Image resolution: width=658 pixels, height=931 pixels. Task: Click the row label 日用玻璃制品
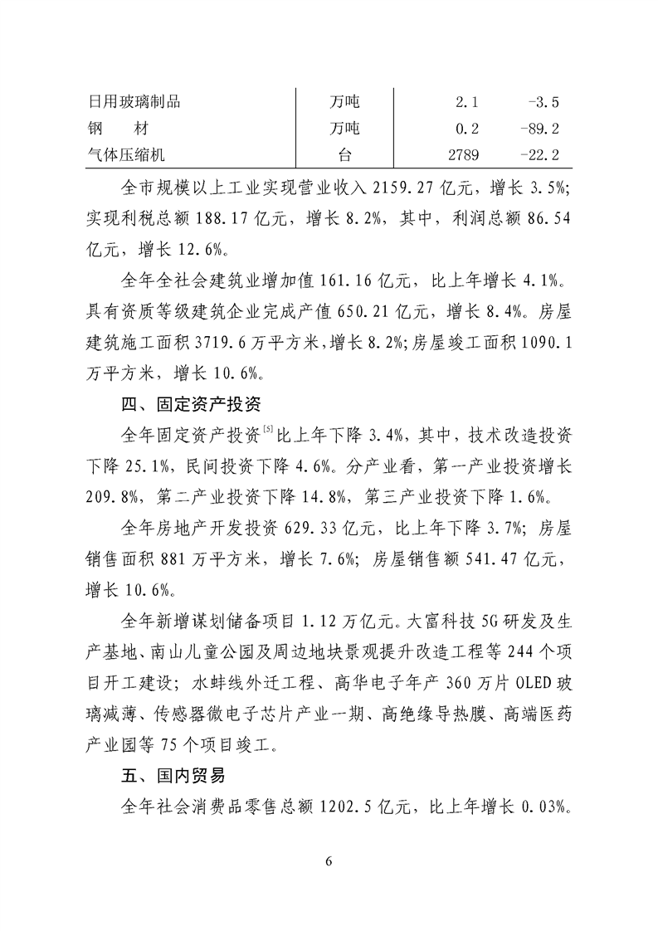coord(134,102)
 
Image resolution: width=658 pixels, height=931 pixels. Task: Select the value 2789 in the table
coord(463,154)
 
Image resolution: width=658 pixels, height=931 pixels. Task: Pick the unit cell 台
coord(344,154)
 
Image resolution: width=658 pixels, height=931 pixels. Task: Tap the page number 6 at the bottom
coord(329,860)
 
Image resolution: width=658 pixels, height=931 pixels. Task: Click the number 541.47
coord(478,561)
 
